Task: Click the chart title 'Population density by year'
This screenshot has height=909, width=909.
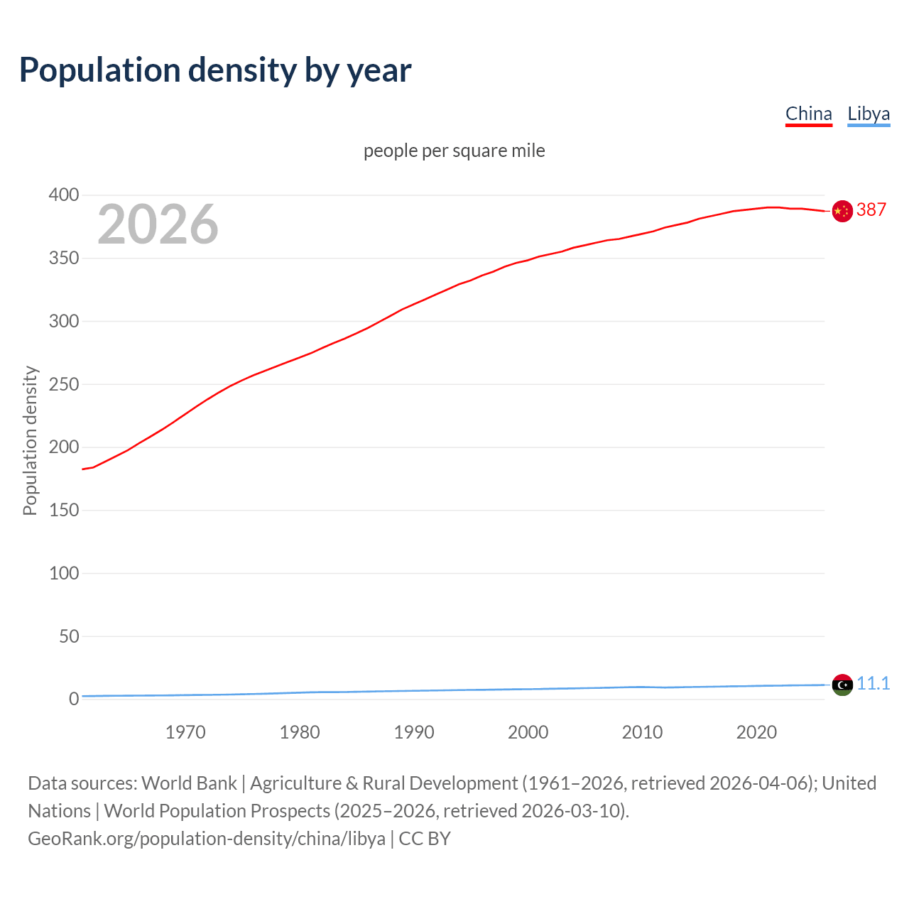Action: (x=215, y=70)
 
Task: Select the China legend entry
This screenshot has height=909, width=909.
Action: (x=808, y=114)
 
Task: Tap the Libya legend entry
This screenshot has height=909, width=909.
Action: (x=869, y=114)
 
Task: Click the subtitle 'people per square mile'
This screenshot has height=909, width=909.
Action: (x=454, y=151)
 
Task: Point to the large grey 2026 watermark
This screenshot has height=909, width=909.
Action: (x=158, y=224)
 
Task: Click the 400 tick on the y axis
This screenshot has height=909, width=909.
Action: (x=64, y=195)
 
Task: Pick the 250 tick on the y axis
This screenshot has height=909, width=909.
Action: (x=64, y=384)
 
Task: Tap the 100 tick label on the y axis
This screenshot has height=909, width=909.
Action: (x=64, y=573)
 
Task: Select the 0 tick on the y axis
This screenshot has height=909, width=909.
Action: (x=74, y=699)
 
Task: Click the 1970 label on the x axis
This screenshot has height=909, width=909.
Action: (x=185, y=732)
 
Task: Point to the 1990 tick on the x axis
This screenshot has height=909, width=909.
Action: (x=414, y=732)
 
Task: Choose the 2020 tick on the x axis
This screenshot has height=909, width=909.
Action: (x=756, y=732)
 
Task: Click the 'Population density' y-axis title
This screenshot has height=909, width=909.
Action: (x=30, y=440)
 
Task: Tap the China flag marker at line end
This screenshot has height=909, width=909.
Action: (x=842, y=211)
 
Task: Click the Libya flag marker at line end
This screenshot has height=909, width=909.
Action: (x=842, y=685)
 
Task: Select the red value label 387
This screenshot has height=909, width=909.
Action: (x=871, y=209)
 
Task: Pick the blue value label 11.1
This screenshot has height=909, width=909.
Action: (x=873, y=683)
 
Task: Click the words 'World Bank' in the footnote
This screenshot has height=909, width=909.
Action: (x=189, y=783)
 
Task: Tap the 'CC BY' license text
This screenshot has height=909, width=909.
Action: (x=425, y=839)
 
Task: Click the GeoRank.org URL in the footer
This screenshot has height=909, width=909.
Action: (x=206, y=839)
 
